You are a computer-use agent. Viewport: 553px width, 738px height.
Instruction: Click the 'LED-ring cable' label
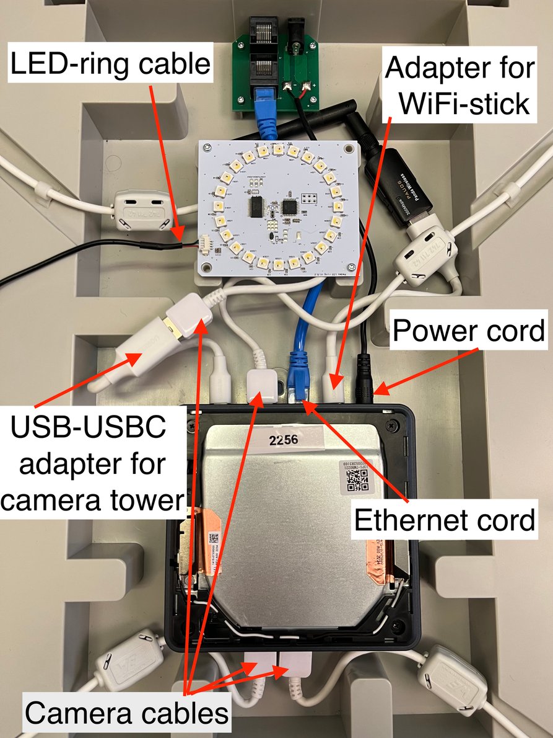tap(110, 63)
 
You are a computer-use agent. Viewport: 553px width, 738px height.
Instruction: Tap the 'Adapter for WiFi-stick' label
tap(459, 86)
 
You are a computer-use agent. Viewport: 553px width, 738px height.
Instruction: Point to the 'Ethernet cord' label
tap(444, 520)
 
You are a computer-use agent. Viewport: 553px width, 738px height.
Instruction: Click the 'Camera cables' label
tap(127, 713)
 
